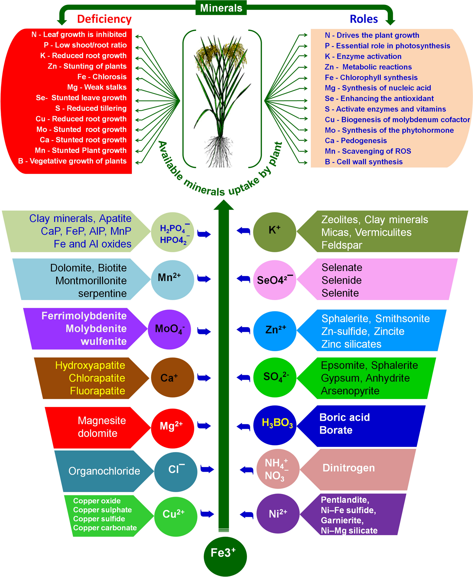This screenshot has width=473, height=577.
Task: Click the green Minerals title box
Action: pos(221,8)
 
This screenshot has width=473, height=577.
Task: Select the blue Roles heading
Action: pos(363,19)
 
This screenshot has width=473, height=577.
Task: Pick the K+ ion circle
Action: pos(274,231)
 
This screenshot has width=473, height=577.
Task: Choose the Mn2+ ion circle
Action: pos(172,280)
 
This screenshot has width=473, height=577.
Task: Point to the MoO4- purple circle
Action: pos(169,329)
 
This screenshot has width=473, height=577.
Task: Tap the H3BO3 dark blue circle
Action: pos(275,425)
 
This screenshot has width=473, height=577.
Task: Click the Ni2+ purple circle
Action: pos(278,513)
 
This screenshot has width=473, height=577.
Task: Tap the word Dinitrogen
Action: pos(348,468)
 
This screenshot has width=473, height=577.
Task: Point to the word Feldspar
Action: pos(342,245)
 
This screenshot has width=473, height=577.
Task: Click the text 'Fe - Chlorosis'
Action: pos(102,77)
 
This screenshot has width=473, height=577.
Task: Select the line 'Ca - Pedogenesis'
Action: pos(356,141)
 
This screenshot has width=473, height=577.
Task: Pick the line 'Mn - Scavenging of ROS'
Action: pos(367,151)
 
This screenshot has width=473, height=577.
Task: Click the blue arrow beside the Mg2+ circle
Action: pos(204,425)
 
